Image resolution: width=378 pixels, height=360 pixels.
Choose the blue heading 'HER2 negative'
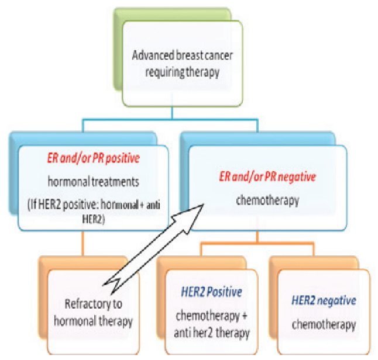[x=325, y=300]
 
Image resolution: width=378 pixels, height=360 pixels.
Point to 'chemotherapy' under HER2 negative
[x=324, y=323]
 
